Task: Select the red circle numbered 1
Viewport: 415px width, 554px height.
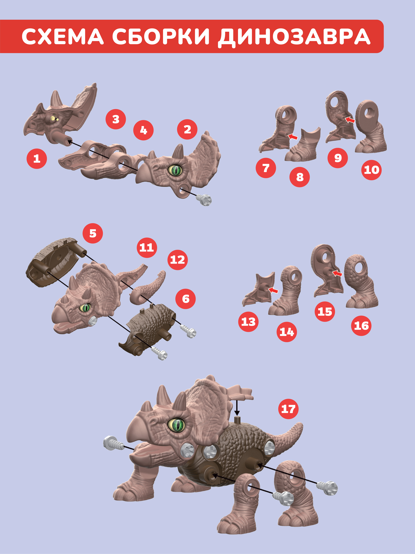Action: point(37,159)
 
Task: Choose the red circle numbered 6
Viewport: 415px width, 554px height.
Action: point(186,299)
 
